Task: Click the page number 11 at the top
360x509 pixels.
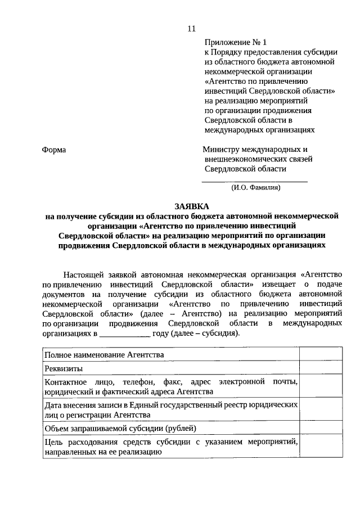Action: pyautogui.click(x=191, y=29)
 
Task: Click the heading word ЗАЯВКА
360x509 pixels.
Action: pyautogui.click(x=191, y=206)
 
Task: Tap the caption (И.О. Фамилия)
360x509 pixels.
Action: pyautogui.click(x=255, y=188)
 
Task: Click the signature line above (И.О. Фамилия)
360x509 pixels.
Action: pyautogui.click(x=255, y=181)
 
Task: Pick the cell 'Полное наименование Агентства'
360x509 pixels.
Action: pyautogui.click(x=105, y=355)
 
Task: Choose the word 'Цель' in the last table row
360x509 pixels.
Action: pyautogui.click(x=55, y=442)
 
